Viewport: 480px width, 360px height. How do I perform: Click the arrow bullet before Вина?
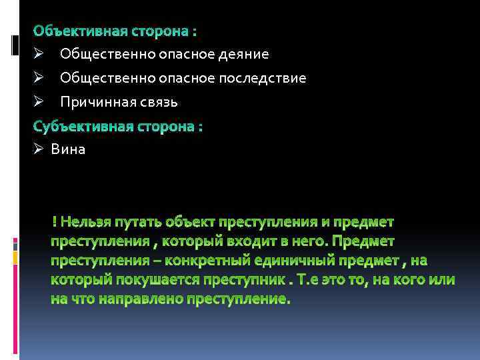(39, 149)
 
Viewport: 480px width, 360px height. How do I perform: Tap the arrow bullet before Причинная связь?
(39, 102)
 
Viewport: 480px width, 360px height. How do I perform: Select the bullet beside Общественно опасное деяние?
(39, 53)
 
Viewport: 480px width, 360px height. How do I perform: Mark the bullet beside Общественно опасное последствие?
(39, 78)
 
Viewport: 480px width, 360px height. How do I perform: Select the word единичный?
(306, 259)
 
